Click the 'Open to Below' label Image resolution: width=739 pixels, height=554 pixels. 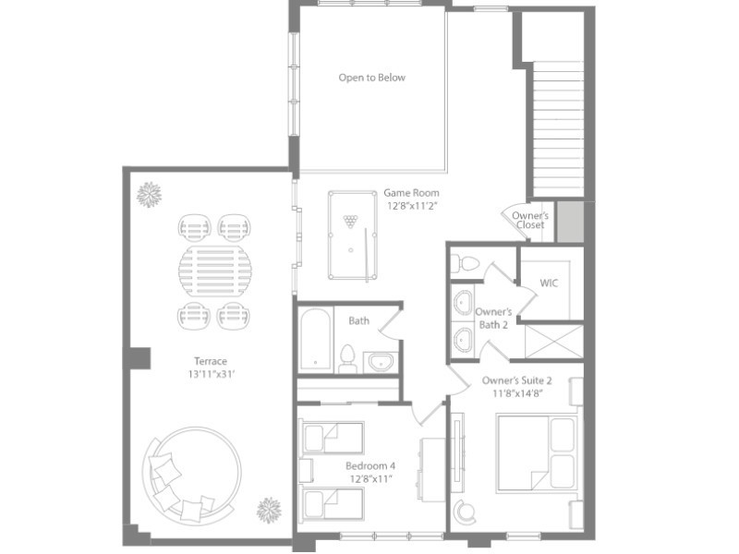(372, 78)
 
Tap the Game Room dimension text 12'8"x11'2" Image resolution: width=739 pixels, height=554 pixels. (412, 206)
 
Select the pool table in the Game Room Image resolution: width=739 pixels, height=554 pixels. (353, 235)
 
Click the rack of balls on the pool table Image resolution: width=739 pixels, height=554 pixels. (350, 221)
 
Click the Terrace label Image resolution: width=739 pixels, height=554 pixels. (211, 361)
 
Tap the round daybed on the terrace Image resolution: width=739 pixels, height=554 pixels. (192, 476)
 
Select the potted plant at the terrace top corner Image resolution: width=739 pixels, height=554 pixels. (149, 194)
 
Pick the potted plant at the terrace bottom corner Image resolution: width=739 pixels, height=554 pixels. (269, 511)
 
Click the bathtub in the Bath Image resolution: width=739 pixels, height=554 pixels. (315, 339)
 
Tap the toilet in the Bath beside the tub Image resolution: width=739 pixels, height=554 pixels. (347, 358)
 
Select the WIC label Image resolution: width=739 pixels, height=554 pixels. (549, 283)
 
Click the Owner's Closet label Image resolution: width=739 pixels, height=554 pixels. (530, 220)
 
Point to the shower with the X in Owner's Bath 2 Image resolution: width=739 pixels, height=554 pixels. (553, 341)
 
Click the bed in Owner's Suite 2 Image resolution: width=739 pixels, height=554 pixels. (537, 453)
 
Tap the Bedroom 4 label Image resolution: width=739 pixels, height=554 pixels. (370, 466)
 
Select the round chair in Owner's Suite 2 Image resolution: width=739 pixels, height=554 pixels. (466, 511)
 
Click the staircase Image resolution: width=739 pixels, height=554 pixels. (558, 128)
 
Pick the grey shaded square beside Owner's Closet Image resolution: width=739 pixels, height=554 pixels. (571, 222)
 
